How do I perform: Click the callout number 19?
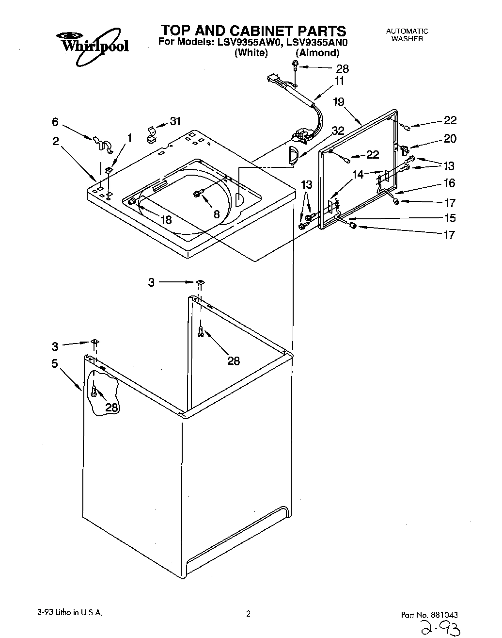coord(339,102)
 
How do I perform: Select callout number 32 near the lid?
coord(338,131)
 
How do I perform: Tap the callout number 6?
coord(55,122)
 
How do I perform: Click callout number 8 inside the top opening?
coord(217,213)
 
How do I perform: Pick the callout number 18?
coord(166,220)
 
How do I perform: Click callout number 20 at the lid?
coord(450,139)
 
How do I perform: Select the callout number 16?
coord(449,183)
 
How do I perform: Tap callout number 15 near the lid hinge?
coord(449,218)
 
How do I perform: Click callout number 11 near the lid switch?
coord(339,82)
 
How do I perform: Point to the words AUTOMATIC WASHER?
coord(407,35)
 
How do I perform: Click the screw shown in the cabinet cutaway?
coord(94,389)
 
